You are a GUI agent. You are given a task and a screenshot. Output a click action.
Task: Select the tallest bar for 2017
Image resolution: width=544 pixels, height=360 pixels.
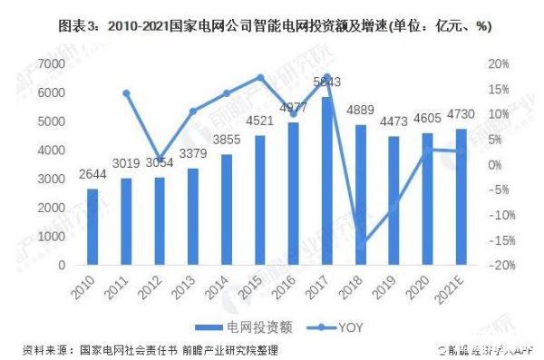coord(327,181)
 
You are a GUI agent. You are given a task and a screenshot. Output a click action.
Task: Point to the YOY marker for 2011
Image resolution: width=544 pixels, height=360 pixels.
coord(127,93)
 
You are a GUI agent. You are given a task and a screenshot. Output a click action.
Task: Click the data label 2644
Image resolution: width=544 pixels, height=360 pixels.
coord(93,174)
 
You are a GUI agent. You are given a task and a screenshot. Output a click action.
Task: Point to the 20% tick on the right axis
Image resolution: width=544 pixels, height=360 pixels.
coord(500,64)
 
